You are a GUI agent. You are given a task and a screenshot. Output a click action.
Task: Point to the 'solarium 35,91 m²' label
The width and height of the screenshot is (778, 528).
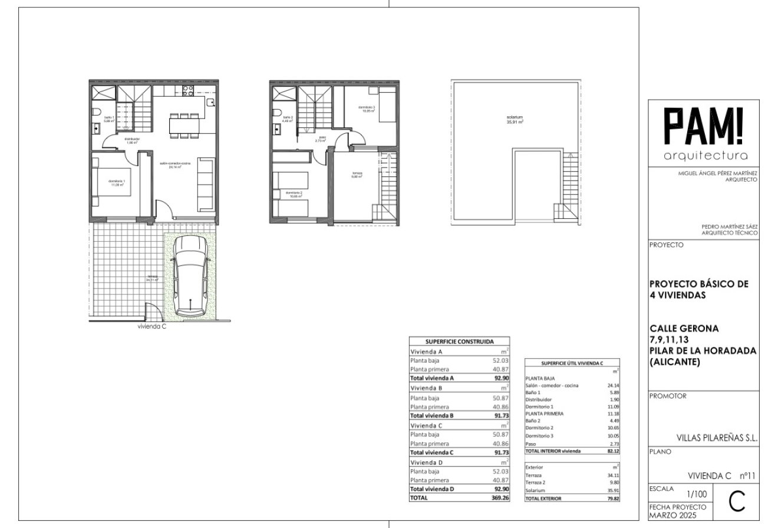pos(515,120)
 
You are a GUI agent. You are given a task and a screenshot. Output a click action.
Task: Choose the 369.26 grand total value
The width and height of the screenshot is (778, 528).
pos(499,497)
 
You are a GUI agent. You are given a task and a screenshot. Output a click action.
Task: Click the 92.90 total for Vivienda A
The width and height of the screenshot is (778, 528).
pos(502,378)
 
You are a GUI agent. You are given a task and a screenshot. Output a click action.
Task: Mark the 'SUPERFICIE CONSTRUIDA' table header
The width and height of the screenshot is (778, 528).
pos(459,341)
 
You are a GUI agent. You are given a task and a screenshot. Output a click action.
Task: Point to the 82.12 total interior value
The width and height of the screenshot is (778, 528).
pos(613,451)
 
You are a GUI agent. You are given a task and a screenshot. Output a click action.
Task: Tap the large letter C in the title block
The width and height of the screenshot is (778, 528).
pos(737,501)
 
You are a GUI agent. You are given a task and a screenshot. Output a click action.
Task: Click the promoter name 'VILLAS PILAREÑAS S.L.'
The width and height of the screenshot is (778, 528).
pos(717,438)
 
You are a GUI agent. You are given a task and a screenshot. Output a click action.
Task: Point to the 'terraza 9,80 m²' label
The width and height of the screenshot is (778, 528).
pos(357,175)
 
